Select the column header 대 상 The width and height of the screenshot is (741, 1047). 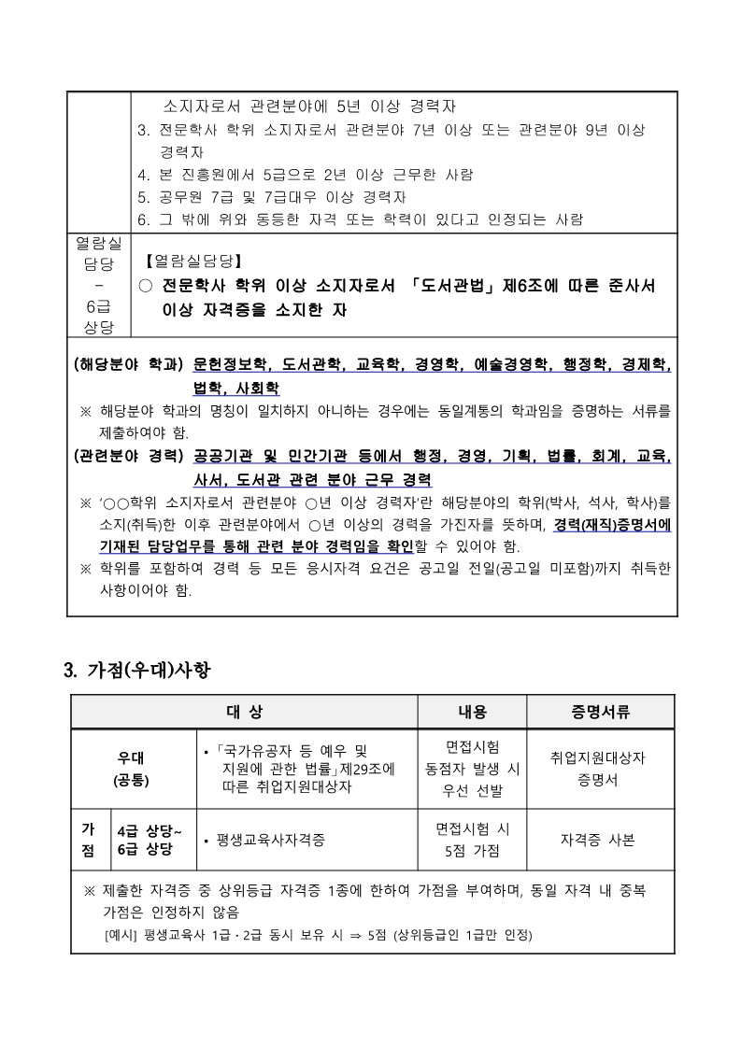(x=244, y=712)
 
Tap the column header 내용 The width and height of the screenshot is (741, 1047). (x=472, y=712)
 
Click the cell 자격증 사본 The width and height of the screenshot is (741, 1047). (x=598, y=840)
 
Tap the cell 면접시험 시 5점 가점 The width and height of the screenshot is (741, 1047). (x=472, y=840)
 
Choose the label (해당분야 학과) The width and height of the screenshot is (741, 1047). (x=129, y=366)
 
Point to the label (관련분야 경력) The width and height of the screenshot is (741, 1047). (x=129, y=458)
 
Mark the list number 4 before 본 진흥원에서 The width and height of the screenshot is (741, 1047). (x=142, y=175)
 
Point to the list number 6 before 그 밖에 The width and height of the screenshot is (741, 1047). (x=142, y=220)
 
